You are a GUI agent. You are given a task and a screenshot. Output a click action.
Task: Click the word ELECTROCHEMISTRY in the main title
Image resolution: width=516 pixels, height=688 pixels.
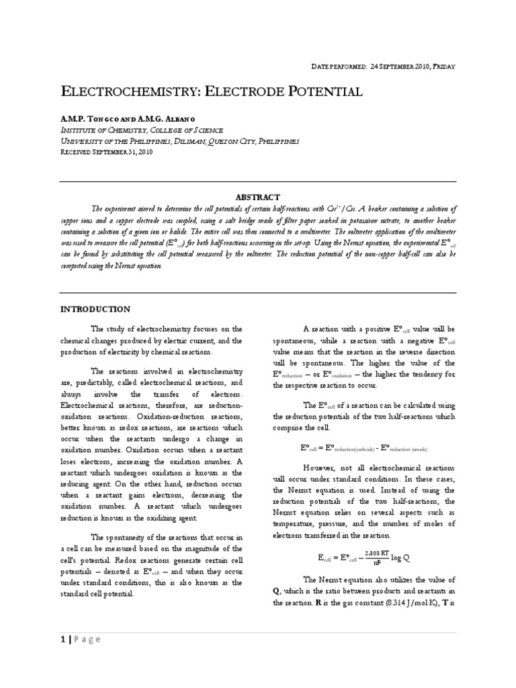tap(138, 91)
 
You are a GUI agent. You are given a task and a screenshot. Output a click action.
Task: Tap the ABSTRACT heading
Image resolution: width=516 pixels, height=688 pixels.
tap(258, 197)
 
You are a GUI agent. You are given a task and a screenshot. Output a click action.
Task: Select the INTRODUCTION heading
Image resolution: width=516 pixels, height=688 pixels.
tap(96, 309)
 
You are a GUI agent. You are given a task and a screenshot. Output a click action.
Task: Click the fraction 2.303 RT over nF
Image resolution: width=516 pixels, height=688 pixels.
tap(384, 558)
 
